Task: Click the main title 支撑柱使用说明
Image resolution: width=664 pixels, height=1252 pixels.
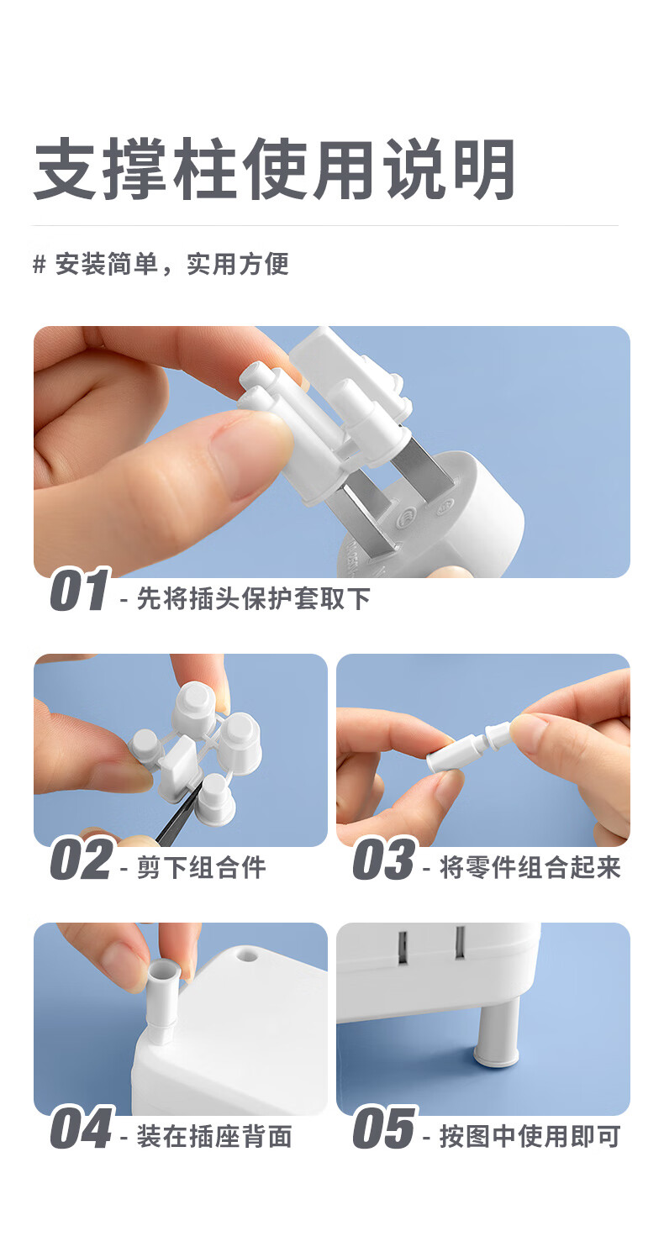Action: tap(274, 169)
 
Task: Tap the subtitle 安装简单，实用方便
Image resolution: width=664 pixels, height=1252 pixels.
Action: tap(171, 264)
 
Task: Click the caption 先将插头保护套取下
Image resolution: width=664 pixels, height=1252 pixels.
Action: tap(253, 598)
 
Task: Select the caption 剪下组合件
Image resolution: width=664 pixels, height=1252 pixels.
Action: tap(201, 867)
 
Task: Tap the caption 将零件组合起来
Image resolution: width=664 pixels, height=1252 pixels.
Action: tap(530, 867)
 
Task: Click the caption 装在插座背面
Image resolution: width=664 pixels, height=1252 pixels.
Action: tap(214, 1136)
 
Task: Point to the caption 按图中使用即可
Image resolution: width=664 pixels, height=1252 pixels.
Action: tap(530, 1136)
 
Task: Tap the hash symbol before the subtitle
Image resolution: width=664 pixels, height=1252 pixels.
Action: tap(40, 265)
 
